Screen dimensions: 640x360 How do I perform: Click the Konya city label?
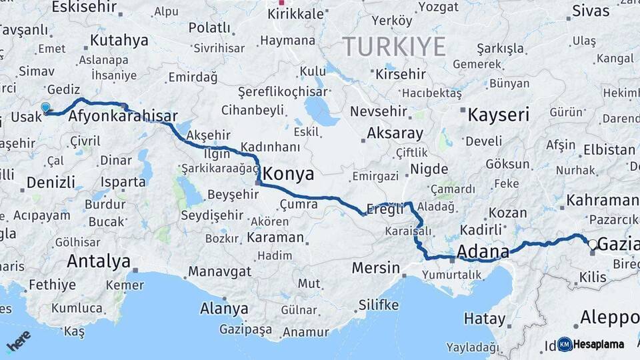click(x=288, y=174)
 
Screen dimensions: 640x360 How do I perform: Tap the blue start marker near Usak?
click(x=45, y=107)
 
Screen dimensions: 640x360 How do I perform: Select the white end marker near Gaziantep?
click(x=591, y=244)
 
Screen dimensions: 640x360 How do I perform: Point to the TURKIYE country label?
click(x=394, y=47)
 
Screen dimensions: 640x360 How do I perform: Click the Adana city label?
click(x=483, y=252)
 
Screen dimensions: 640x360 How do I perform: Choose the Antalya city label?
click(x=98, y=261)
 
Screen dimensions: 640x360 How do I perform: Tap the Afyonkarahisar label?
click(x=123, y=116)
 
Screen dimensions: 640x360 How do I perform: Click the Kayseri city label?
click(x=498, y=114)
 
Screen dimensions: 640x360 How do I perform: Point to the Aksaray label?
click(x=395, y=133)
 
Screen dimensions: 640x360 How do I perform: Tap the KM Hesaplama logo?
click(x=591, y=344)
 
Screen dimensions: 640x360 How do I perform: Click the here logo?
click(x=18, y=341)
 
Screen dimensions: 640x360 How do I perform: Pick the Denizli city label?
click(x=51, y=182)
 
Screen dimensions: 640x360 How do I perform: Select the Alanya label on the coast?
click(x=224, y=309)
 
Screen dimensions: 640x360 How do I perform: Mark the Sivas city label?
click(x=591, y=11)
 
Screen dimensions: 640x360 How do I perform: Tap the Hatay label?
click(x=485, y=319)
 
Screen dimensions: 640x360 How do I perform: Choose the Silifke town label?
click(x=379, y=305)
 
